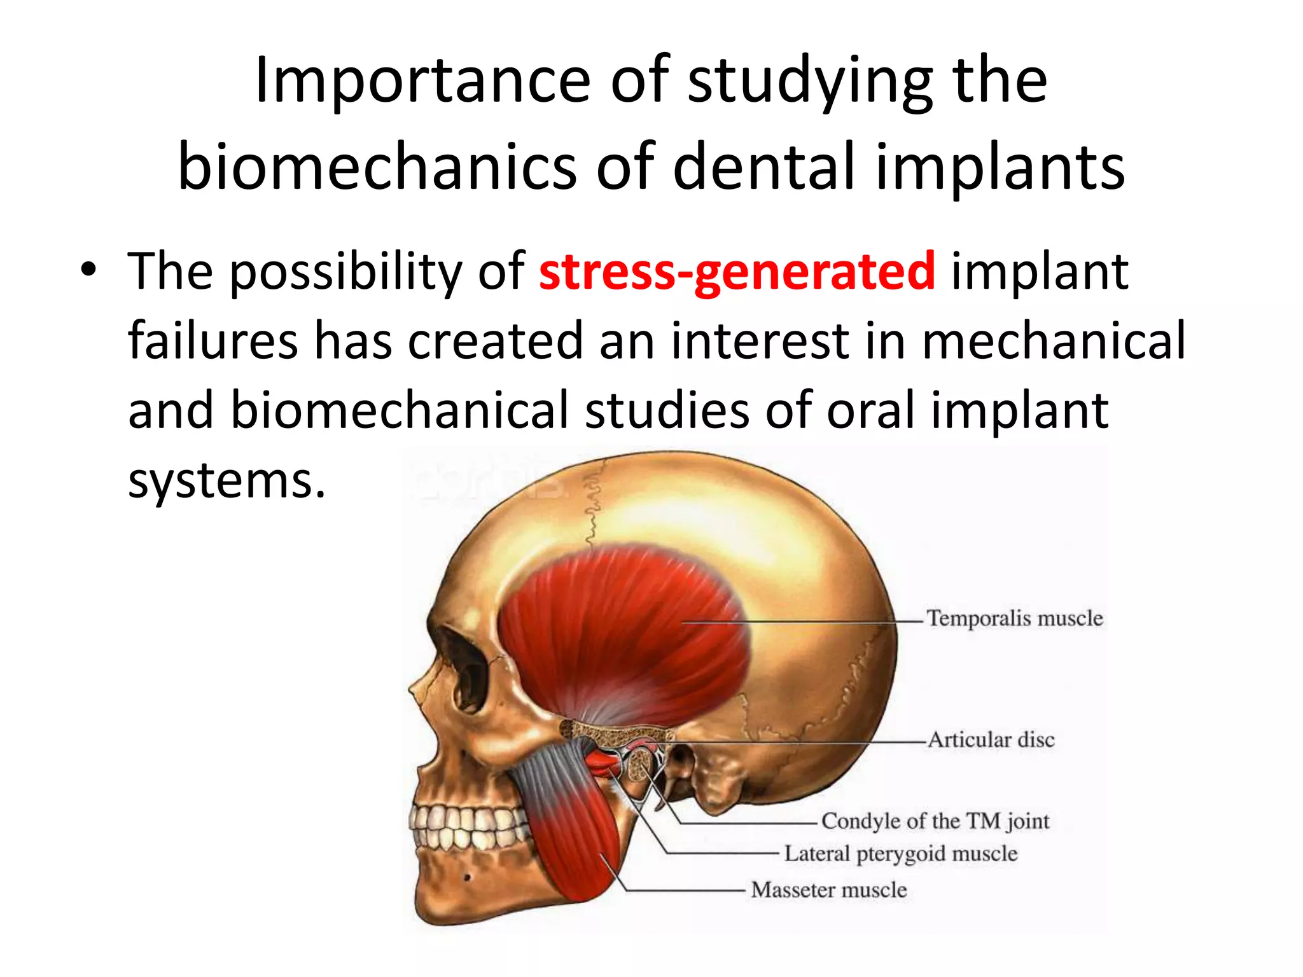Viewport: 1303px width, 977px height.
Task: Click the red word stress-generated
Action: [x=737, y=272]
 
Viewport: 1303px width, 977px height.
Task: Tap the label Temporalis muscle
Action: [x=1014, y=618]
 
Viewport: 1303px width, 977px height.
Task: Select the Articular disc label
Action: [x=991, y=740]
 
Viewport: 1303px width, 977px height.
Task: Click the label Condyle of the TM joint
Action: [x=935, y=821]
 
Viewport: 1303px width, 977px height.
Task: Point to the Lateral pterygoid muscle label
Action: [x=900, y=854]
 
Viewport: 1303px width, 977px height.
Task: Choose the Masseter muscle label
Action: [x=828, y=890]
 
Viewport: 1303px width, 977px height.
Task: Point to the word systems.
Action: [x=226, y=480]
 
